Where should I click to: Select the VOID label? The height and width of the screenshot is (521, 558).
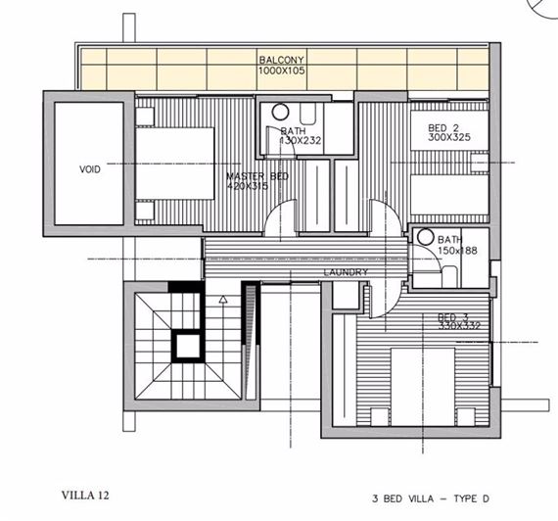(x=89, y=168)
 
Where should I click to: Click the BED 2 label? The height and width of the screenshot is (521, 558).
(x=443, y=128)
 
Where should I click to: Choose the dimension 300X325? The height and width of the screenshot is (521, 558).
(x=449, y=139)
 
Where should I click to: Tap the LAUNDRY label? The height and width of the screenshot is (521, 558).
(x=346, y=272)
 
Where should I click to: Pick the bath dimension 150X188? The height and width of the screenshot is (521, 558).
(x=456, y=250)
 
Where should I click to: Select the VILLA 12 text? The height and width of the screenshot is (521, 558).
(x=86, y=495)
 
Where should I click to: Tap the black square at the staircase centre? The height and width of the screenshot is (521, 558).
(x=183, y=343)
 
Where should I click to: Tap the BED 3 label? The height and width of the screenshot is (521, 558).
(x=451, y=315)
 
